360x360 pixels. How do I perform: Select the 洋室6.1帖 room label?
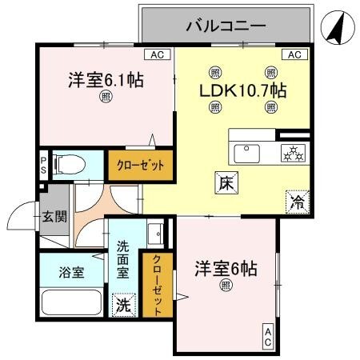[x=105, y=80]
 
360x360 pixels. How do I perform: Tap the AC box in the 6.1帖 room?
[x=158, y=55]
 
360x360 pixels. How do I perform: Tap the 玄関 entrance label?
[x=54, y=215]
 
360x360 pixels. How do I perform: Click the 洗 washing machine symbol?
[x=124, y=304]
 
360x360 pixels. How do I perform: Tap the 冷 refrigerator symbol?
[x=297, y=203]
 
